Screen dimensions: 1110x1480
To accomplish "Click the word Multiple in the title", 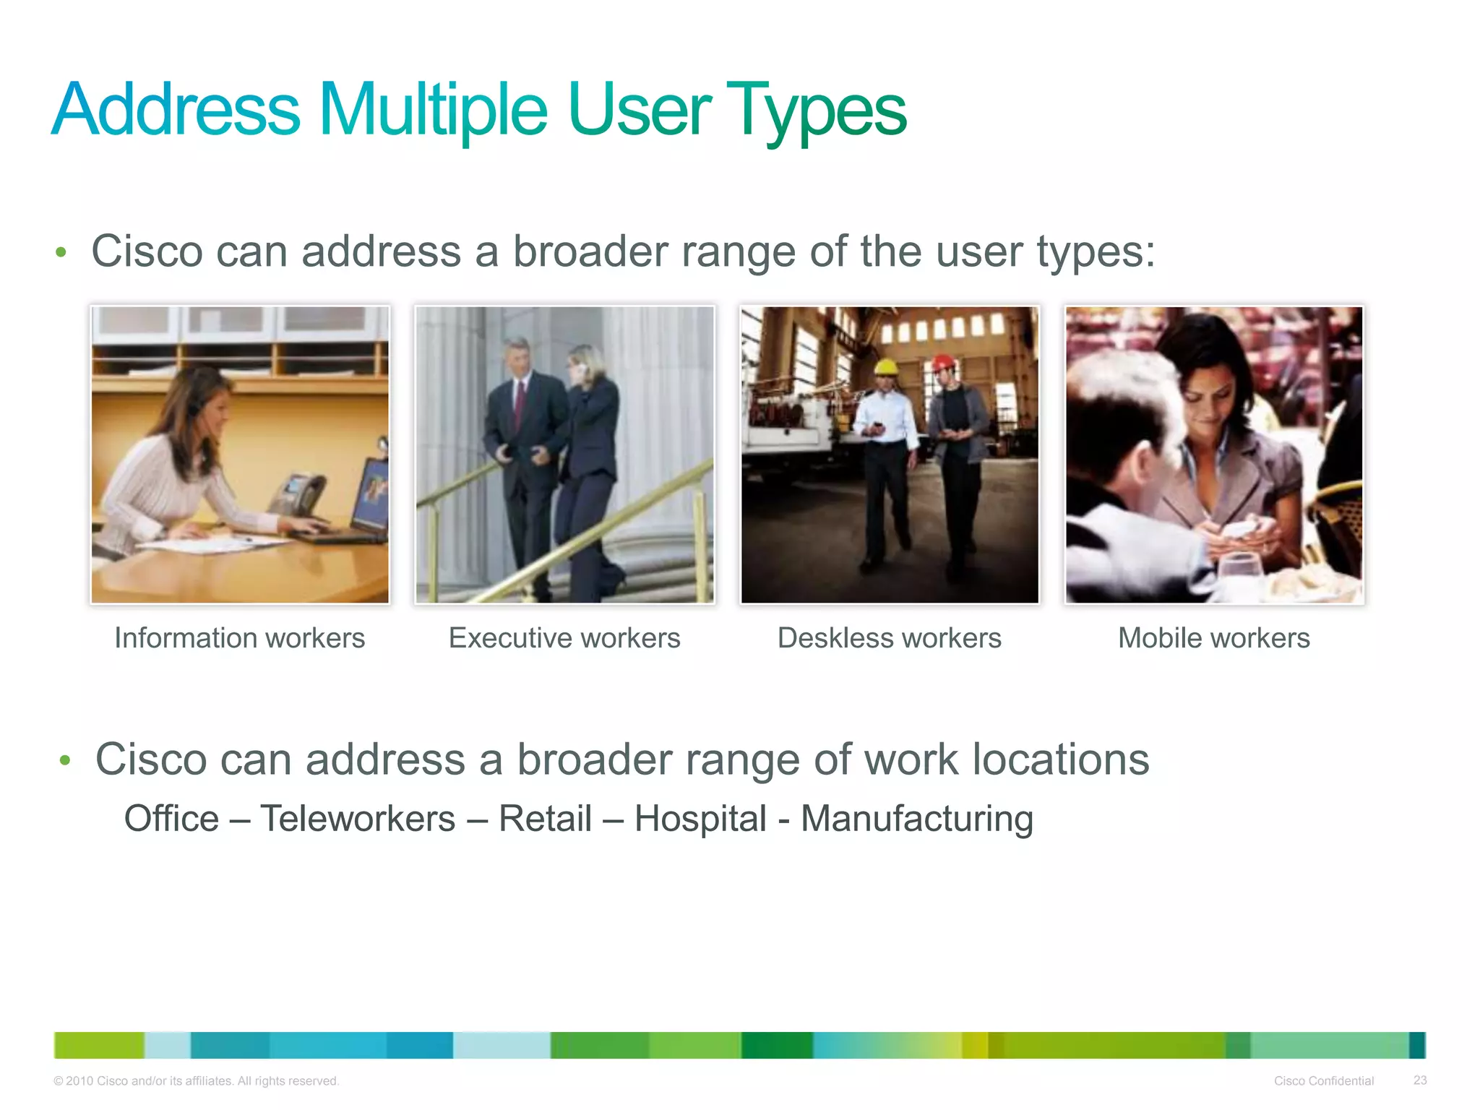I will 432,110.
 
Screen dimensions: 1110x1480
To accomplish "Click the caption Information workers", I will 239,638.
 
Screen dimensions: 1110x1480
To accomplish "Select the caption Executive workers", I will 564,638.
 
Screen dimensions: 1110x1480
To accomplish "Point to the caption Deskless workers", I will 889,638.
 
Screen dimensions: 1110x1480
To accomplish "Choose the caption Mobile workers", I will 1213,638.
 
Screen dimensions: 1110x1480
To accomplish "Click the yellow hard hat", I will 885,367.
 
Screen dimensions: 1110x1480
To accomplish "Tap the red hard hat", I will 942,361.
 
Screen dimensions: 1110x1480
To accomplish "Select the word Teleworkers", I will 358,819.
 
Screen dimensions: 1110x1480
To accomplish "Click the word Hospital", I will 700,819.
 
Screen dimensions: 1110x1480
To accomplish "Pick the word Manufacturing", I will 916,819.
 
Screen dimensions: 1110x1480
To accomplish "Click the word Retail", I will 545,819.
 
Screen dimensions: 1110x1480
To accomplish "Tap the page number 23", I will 1419,1080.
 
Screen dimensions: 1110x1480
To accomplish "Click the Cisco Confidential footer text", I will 1323,1080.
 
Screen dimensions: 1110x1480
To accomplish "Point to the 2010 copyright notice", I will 196,1080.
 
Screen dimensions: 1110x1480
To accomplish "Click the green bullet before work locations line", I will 65,760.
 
